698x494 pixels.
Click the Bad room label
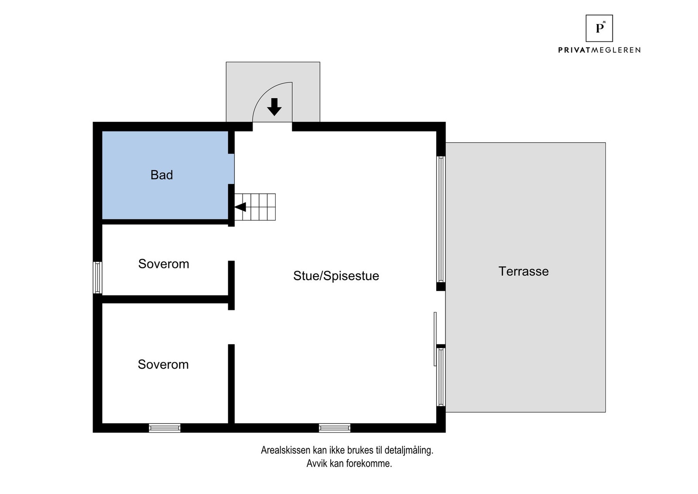162,175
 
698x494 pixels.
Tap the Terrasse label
523,271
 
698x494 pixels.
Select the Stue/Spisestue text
336,276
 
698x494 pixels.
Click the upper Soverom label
164,264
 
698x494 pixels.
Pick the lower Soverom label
163,364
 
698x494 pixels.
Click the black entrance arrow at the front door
274,106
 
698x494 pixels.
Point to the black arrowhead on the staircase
240,207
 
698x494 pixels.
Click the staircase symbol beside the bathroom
255,207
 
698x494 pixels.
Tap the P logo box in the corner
599,28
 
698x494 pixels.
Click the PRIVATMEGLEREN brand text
599,50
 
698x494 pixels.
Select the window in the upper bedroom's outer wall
98,278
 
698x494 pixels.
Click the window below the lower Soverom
164,428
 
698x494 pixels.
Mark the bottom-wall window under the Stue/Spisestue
335,428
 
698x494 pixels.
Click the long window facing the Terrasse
441,219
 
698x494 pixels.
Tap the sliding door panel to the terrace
435,339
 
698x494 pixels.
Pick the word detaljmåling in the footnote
409,450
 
